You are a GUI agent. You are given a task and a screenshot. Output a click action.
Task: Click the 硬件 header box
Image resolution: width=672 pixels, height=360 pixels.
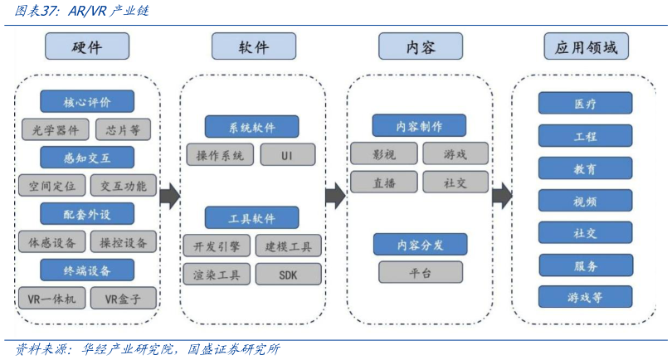pyautogui.click(x=87, y=46)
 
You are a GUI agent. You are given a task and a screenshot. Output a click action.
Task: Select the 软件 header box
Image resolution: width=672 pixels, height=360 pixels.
pyautogui.click(x=253, y=46)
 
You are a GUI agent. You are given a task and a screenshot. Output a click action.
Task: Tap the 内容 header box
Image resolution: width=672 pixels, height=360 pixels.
pyautogui.click(x=420, y=46)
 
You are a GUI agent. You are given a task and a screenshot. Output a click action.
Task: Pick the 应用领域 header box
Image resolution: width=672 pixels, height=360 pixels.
pyautogui.click(x=586, y=46)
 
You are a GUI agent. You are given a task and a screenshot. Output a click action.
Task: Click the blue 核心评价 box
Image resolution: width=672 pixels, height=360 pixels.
pyautogui.click(x=87, y=102)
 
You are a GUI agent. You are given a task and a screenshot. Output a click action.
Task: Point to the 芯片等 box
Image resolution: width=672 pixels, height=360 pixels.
pyautogui.click(x=123, y=129)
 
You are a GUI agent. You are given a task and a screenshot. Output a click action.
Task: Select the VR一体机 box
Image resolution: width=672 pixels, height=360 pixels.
pyautogui.click(x=51, y=299)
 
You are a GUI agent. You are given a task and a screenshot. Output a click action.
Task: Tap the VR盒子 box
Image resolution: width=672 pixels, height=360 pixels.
pyautogui.click(x=122, y=299)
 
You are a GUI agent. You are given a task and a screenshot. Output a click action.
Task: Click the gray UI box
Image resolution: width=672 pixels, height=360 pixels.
pyautogui.click(x=287, y=155)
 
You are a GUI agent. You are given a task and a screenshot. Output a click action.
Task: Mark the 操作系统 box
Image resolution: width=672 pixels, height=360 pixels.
pyautogui.click(x=220, y=155)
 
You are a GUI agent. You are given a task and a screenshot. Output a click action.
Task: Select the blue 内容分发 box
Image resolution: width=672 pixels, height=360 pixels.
pyautogui.click(x=420, y=245)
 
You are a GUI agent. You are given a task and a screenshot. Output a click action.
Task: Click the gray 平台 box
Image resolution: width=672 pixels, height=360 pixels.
pyautogui.click(x=420, y=272)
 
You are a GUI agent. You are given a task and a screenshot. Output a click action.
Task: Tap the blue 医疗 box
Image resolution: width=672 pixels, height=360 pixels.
pyautogui.click(x=585, y=104)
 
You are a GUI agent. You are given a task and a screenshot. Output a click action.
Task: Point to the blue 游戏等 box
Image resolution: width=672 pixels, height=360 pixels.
pyautogui.click(x=585, y=297)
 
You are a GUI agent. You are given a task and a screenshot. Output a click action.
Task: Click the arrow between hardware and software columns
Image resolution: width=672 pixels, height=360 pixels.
pyautogui.click(x=170, y=196)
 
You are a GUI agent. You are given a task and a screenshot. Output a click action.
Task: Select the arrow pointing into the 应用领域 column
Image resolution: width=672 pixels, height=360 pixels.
pyautogui.click(x=502, y=197)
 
